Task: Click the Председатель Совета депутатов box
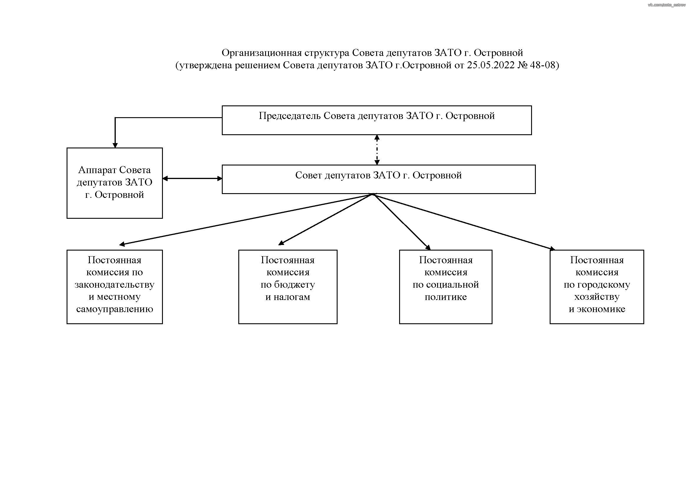click(x=377, y=120)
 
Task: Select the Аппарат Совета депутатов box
click(x=115, y=183)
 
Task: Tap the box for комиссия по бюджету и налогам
click(x=288, y=287)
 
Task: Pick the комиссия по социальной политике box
click(x=446, y=287)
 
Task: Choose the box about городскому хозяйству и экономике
click(x=597, y=287)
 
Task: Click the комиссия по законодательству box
click(x=115, y=287)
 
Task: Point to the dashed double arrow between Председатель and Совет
click(x=377, y=150)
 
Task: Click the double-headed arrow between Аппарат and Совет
click(x=192, y=179)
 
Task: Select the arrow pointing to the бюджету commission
click(x=325, y=220)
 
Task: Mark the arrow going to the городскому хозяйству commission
click(x=464, y=222)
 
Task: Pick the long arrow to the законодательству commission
click(x=246, y=220)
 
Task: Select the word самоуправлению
click(x=115, y=309)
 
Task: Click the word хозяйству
click(x=597, y=297)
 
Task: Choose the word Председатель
click(x=290, y=116)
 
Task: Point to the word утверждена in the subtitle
click(x=206, y=65)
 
